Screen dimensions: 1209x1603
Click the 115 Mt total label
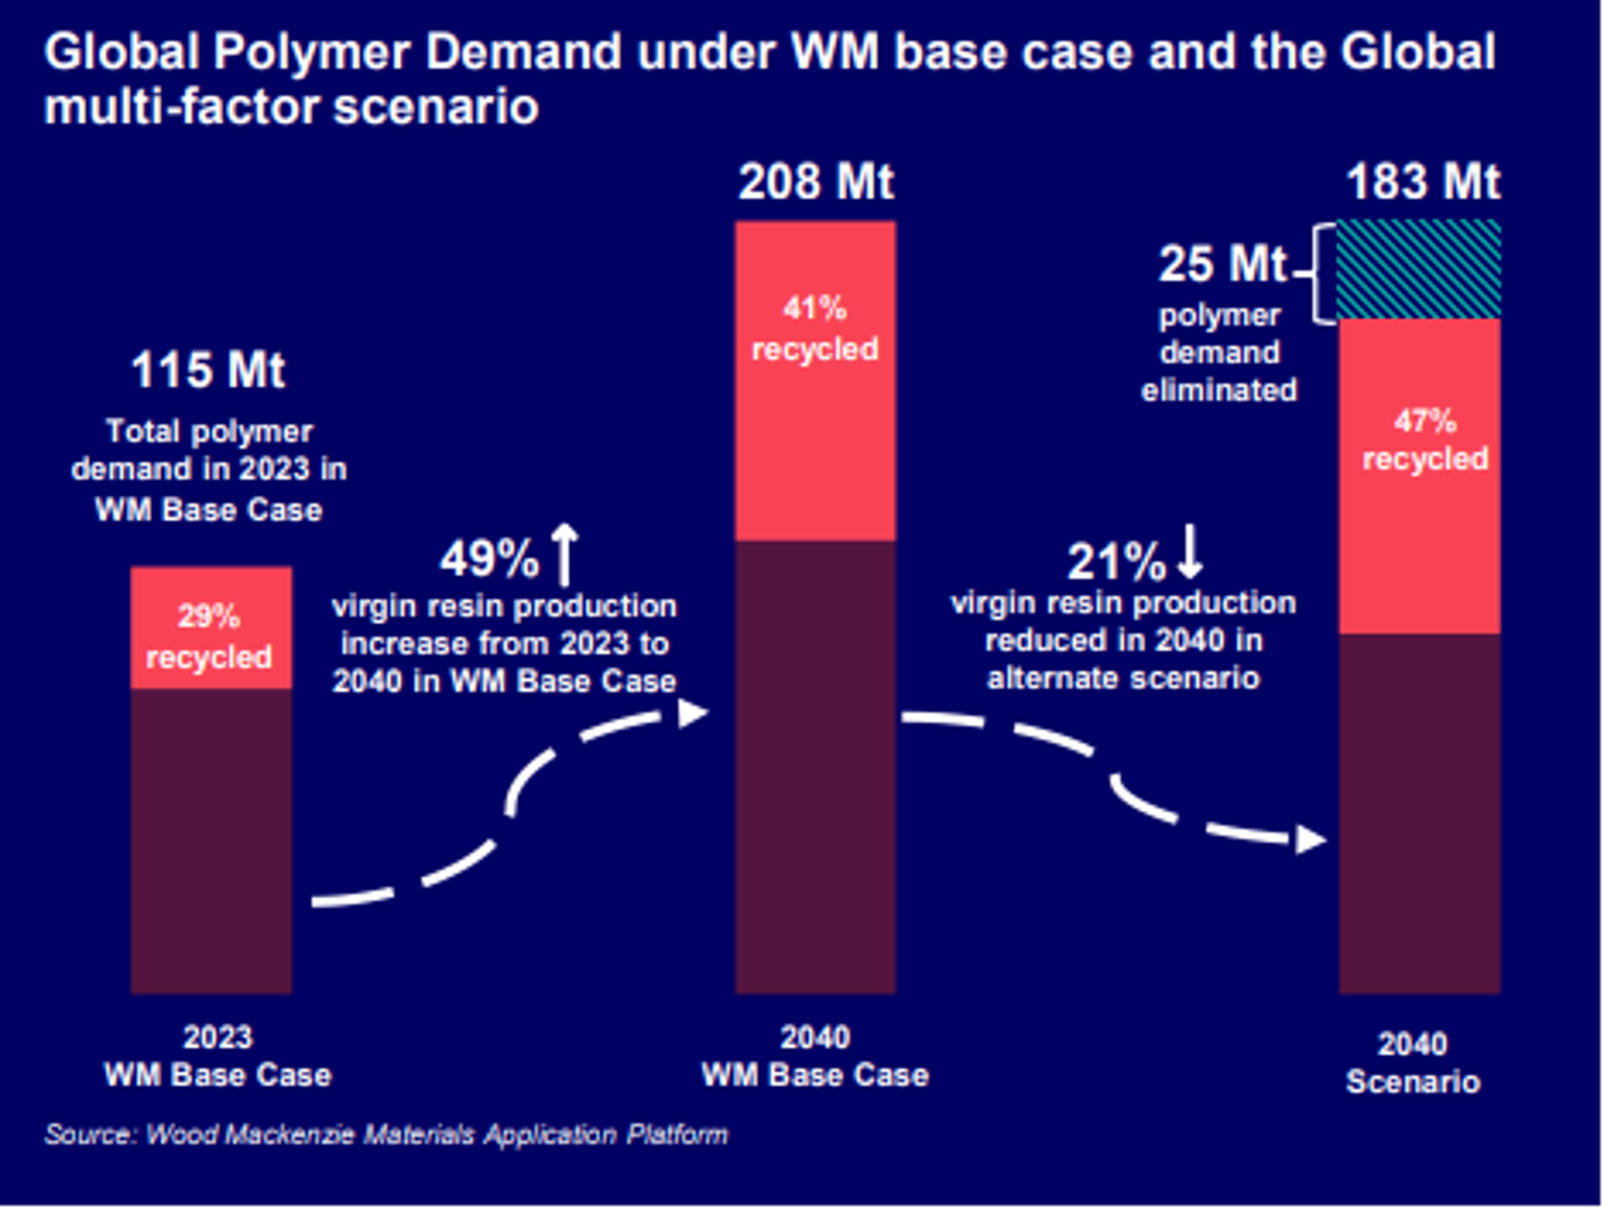point(207,370)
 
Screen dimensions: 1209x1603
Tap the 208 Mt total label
point(816,182)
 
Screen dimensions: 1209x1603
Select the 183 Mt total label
point(1422,182)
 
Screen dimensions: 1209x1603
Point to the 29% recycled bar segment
point(210,628)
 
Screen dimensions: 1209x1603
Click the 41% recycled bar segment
point(815,381)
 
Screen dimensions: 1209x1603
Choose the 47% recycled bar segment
point(1420,476)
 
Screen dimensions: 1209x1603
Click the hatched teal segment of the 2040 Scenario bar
point(1420,269)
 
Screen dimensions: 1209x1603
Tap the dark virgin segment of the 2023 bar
point(210,840)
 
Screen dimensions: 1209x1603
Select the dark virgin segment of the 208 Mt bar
point(815,766)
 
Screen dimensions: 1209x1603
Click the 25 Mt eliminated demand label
point(1222,264)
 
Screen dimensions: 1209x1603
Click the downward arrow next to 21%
point(1191,553)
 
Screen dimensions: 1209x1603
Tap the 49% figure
point(489,559)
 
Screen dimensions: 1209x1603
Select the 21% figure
point(1116,562)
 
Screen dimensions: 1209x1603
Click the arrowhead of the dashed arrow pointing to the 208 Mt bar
point(692,712)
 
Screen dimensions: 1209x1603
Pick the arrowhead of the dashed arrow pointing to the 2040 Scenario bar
point(1310,839)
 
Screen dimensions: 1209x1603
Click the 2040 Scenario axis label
point(1412,1062)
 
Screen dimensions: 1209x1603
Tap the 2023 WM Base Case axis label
point(218,1056)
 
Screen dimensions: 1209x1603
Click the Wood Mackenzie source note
point(387,1134)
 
